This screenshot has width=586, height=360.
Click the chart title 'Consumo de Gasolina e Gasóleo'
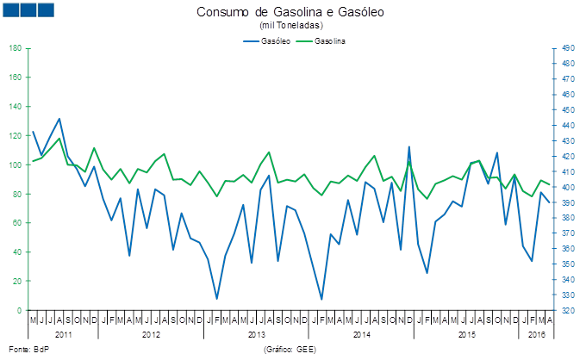290,13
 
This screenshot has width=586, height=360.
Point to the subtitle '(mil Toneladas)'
290,26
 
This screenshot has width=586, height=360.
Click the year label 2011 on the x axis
63,333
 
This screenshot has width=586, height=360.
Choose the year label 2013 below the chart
256,333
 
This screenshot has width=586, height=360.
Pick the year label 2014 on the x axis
361,333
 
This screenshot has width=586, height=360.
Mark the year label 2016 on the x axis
535,333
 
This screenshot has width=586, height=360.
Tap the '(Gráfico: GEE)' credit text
290,350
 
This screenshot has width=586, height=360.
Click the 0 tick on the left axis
20,310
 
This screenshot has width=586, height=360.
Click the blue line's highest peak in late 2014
408,147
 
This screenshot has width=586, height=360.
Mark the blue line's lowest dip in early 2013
217,298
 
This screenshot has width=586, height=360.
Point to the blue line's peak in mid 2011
59,119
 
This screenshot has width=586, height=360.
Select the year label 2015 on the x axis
466,333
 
